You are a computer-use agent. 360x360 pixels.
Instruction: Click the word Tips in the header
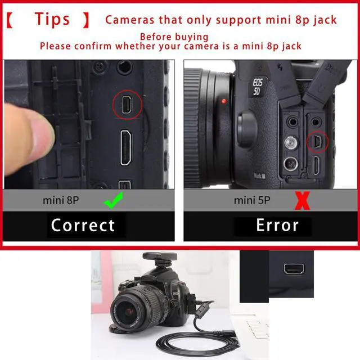tap(52, 19)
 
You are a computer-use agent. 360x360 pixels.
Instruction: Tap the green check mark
tap(114, 201)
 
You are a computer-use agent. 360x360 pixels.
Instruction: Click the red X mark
tap(302, 201)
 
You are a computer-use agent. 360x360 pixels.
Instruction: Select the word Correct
tap(83, 226)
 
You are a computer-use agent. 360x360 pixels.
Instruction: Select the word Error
tap(277, 226)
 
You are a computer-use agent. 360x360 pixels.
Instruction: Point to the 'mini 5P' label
tap(252, 200)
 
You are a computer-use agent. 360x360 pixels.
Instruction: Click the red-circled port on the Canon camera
tap(317, 142)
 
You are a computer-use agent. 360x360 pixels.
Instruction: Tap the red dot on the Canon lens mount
tap(224, 102)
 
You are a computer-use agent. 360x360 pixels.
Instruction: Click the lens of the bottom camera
tap(132, 310)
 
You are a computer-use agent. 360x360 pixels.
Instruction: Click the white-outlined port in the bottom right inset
tap(292, 268)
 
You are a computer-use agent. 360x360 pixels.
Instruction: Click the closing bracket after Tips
tap(86, 20)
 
